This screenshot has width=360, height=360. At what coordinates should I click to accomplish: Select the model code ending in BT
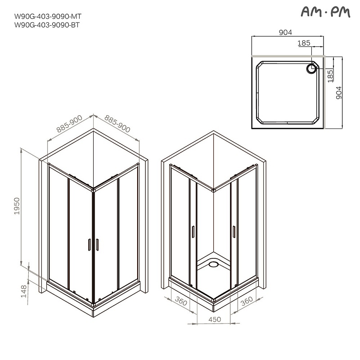[x=47, y=25]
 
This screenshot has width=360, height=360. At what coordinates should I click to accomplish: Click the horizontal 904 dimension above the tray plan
[x=286, y=32]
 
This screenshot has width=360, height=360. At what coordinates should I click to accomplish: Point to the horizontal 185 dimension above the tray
[x=304, y=43]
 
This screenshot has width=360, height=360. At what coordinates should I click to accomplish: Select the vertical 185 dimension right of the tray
[x=330, y=75]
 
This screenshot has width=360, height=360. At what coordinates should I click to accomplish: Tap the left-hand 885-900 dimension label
[x=69, y=124]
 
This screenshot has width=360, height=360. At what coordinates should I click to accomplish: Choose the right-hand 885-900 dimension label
[x=117, y=123]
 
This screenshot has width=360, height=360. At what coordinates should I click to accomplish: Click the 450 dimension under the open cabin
[x=214, y=319]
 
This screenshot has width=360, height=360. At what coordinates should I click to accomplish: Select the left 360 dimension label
[x=181, y=302]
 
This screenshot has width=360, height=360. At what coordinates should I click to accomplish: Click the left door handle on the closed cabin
[x=90, y=244]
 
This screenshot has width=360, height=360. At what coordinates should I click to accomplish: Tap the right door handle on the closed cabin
[x=97, y=244]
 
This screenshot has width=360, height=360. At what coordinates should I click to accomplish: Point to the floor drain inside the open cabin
[x=214, y=265]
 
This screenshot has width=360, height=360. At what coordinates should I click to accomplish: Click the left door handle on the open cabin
[x=193, y=231]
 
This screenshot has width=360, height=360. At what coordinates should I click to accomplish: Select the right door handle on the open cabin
[x=234, y=231]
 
